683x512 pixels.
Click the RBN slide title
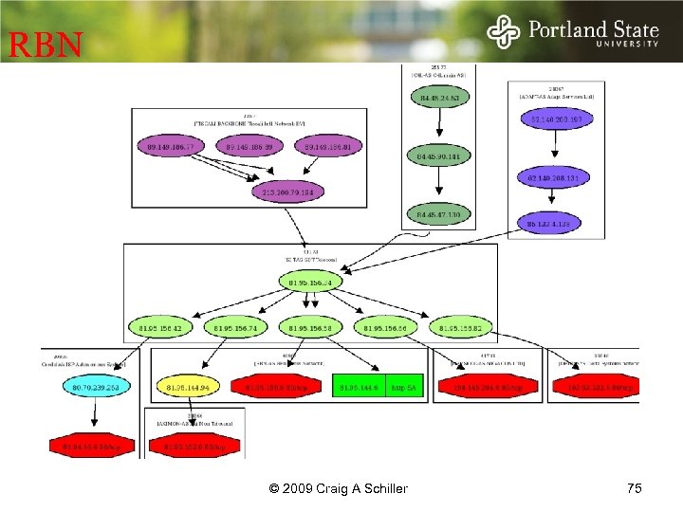click(x=46, y=45)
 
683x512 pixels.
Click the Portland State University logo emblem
click(x=504, y=32)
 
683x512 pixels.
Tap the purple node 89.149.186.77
click(x=171, y=148)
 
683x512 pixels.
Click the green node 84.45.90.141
click(x=437, y=155)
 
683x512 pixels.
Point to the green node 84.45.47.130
click(x=437, y=215)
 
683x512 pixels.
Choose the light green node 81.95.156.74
click(x=236, y=328)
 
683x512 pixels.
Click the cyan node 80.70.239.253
click(x=94, y=387)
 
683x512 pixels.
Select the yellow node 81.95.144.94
click(x=186, y=387)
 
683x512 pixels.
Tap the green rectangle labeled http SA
click(x=403, y=387)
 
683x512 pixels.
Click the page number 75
click(x=634, y=488)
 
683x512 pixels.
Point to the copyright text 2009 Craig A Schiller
click(x=339, y=488)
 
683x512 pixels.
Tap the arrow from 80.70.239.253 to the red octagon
click(x=94, y=416)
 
